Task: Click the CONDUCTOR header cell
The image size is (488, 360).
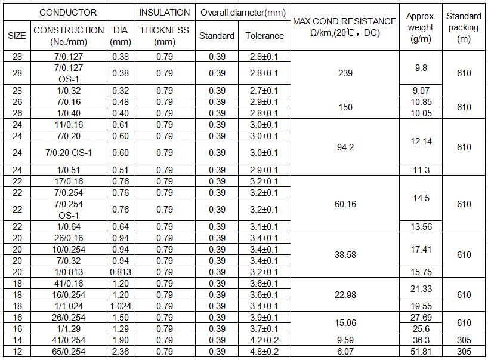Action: tap(68, 12)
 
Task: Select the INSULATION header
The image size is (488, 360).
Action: tap(165, 12)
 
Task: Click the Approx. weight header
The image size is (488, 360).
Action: tap(421, 27)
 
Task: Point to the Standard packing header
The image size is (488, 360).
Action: tap(464, 27)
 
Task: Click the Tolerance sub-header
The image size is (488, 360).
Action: tap(264, 36)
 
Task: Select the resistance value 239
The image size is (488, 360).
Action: tap(345, 73)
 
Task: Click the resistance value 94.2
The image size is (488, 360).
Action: tap(345, 147)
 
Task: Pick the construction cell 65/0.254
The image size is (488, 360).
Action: tap(69, 352)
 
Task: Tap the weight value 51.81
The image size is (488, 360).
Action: tap(421, 352)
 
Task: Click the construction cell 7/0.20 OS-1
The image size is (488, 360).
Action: tap(69, 153)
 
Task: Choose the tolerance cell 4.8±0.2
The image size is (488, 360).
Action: tap(264, 352)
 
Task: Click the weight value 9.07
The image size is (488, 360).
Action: tap(421, 91)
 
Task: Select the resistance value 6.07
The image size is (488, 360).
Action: tap(345, 352)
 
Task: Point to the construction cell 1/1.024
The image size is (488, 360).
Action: tap(69, 306)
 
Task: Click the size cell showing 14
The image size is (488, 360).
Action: tap(17, 340)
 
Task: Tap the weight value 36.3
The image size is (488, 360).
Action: tap(421, 340)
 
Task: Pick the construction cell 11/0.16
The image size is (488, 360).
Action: tap(69, 125)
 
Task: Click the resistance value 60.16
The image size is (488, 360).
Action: tap(345, 204)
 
